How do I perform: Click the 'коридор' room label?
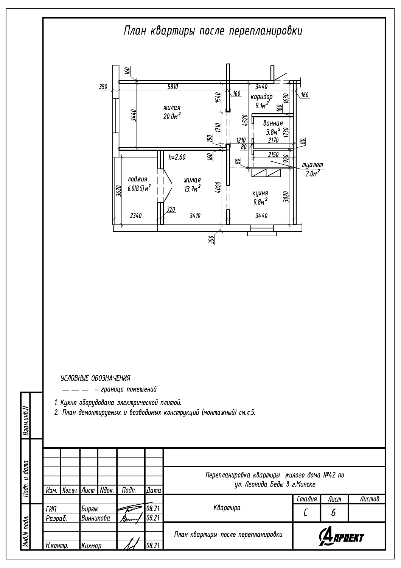[x=261, y=97]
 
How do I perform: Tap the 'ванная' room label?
[x=273, y=123]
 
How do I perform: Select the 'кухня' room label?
[x=260, y=193]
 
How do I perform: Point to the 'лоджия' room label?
[x=137, y=179]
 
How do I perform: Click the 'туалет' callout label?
[x=312, y=165]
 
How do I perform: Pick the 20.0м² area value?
[x=172, y=116]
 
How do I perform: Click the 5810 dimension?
[x=173, y=87]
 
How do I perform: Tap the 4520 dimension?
[x=244, y=122]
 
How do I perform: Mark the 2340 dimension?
[x=136, y=215]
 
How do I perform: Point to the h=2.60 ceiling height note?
[x=177, y=157]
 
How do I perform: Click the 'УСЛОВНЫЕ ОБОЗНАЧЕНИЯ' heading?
[x=95, y=378]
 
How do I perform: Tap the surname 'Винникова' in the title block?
[x=95, y=518]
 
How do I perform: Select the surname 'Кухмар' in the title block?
[x=91, y=545]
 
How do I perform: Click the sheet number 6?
[x=333, y=513]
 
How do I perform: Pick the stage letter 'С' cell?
[x=306, y=513]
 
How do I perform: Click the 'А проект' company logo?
[x=342, y=537]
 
